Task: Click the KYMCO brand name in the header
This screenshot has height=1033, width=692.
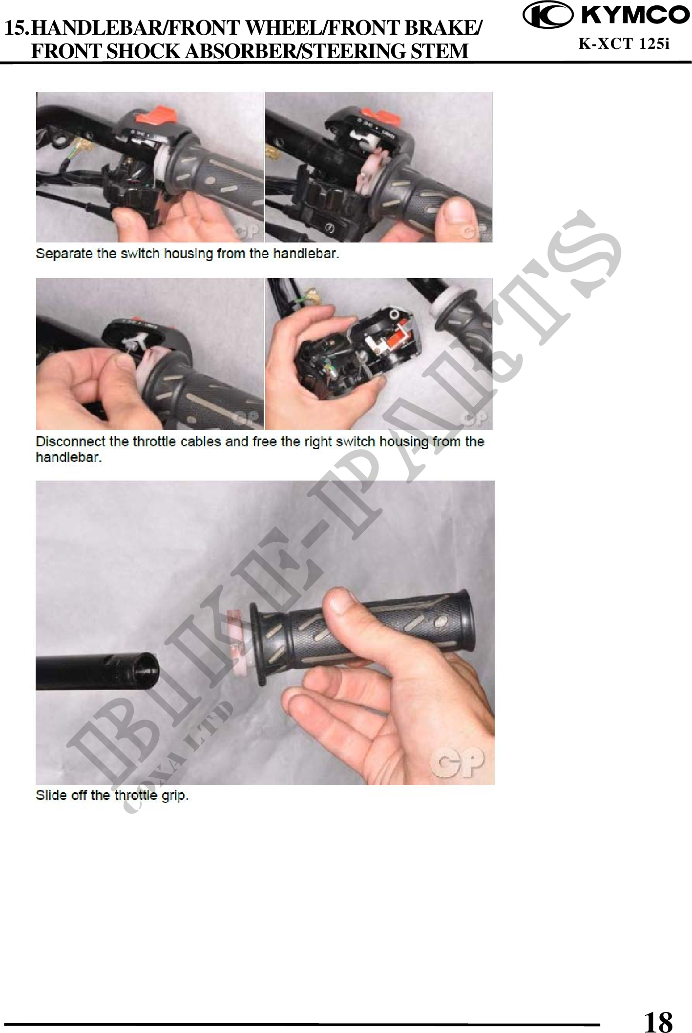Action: click(x=634, y=16)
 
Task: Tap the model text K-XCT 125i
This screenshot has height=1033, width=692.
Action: click(x=624, y=44)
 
